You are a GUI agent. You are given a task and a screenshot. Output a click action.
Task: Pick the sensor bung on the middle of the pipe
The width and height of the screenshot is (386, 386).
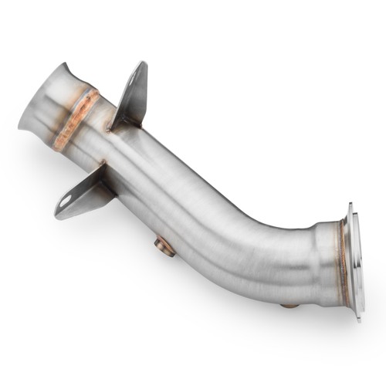pos(164,246)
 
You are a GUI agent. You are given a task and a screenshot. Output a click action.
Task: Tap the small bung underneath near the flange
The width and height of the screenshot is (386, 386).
pos(289,304)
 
